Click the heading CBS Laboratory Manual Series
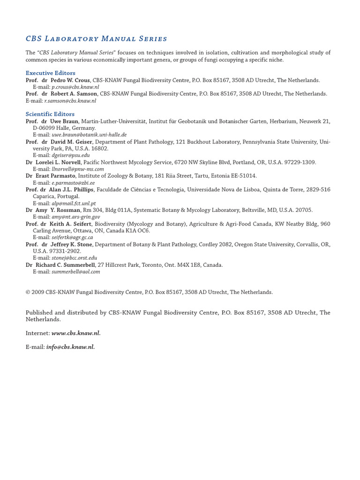click(x=96, y=38)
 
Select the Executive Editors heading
click(x=50, y=73)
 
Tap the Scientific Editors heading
click(x=50, y=114)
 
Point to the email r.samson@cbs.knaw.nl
click(x=70, y=101)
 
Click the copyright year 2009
click(x=38, y=292)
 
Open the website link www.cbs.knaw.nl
click(x=76, y=333)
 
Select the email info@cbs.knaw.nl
click(x=70, y=347)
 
